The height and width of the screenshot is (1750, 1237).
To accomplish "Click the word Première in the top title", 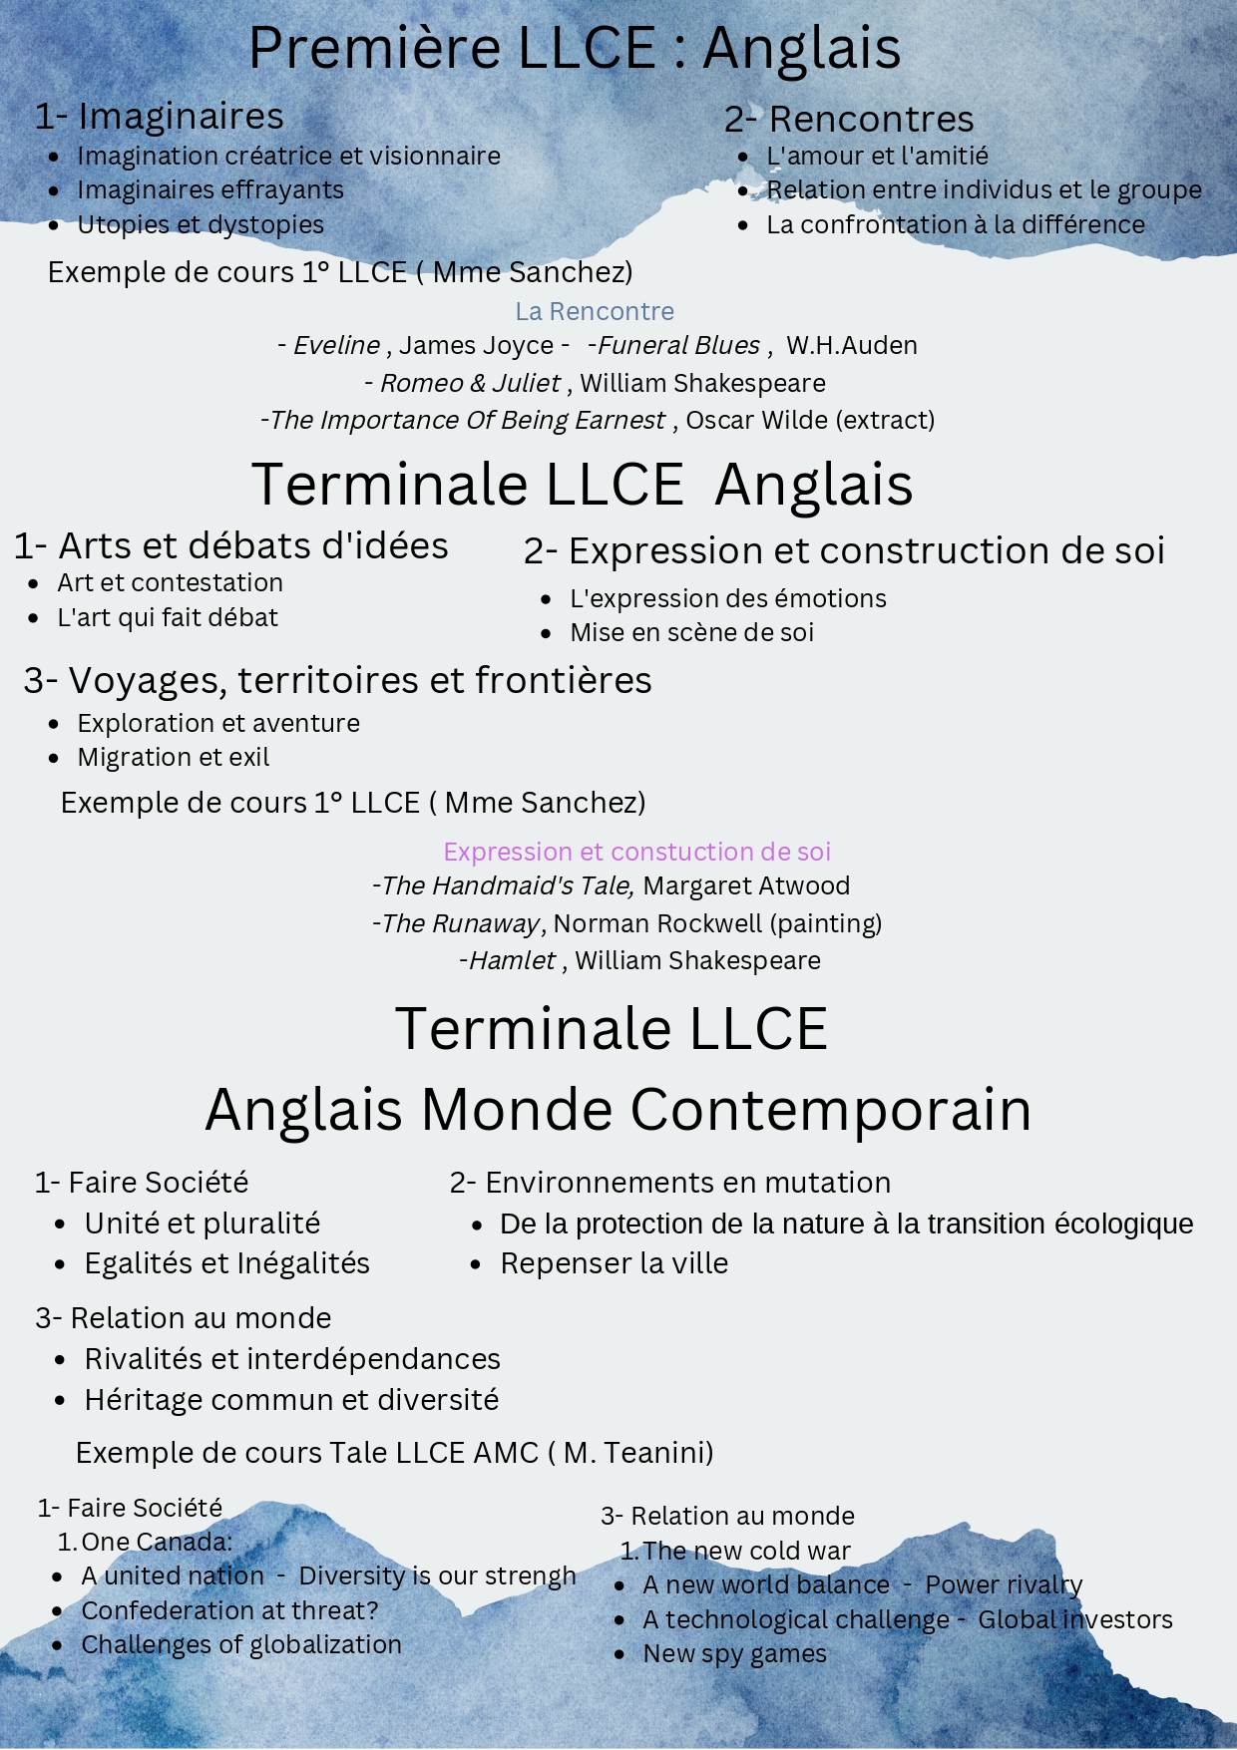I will click(x=374, y=48).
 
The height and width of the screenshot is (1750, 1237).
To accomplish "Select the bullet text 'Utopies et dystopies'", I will click(x=201, y=225).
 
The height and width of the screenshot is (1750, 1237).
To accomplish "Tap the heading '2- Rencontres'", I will click(x=849, y=120).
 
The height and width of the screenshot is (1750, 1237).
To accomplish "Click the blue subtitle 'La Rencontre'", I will click(x=595, y=312).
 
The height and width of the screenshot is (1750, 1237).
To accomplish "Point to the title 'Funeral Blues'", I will click(x=678, y=346).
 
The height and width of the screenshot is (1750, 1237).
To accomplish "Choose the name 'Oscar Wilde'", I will click(x=758, y=421).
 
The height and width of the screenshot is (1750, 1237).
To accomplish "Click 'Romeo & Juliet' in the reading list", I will click(x=470, y=384).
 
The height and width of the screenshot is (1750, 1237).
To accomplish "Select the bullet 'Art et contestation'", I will click(x=170, y=583).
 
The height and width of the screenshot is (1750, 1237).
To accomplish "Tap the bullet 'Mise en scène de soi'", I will click(x=691, y=633).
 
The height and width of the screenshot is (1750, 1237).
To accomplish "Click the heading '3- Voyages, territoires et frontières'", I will click(x=338, y=681).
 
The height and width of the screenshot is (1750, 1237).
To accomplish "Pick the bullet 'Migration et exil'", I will click(x=174, y=758).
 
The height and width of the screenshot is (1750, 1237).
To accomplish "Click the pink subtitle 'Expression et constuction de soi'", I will click(x=636, y=853).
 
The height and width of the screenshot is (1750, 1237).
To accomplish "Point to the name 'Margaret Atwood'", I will click(x=746, y=886).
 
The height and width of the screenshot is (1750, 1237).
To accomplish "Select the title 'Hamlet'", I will click(x=512, y=961).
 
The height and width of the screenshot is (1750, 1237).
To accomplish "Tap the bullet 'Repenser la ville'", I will click(x=615, y=1264).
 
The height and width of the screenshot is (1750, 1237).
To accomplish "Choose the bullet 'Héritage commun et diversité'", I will click(x=291, y=1401).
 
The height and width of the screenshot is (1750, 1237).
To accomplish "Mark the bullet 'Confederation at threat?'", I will click(x=229, y=1611).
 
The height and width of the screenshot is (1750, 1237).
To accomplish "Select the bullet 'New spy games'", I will click(x=734, y=1654).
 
